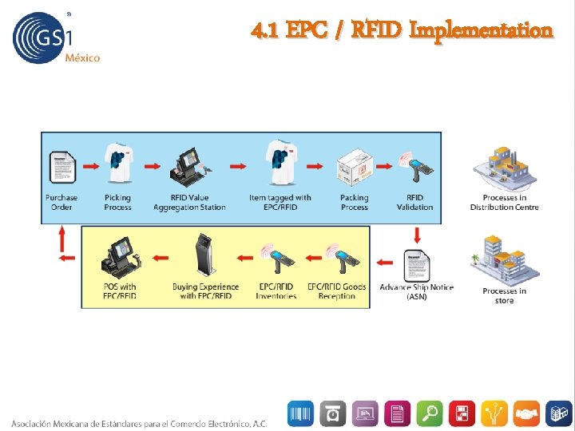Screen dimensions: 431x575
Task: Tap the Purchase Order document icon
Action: (x=61, y=166)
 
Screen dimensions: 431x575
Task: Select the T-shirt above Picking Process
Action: (x=117, y=164)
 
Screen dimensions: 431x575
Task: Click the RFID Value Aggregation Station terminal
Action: (x=188, y=164)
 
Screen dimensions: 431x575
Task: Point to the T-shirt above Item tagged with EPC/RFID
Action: (x=280, y=164)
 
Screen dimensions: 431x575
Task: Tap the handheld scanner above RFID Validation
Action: (x=416, y=168)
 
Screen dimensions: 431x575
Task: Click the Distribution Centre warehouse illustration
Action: (x=504, y=168)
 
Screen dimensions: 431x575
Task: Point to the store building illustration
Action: (x=504, y=260)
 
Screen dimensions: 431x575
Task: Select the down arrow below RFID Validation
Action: (x=416, y=234)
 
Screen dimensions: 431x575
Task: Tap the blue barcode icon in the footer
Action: (x=301, y=413)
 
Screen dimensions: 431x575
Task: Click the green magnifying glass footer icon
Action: (x=431, y=413)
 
